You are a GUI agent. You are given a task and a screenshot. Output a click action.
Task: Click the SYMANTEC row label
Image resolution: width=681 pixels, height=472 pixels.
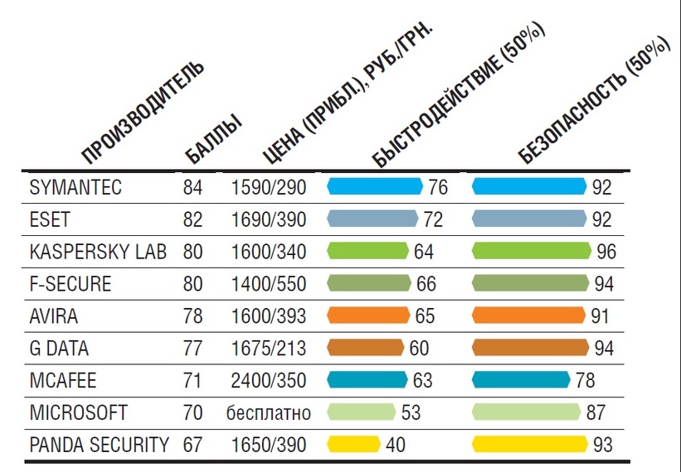tap(75, 187)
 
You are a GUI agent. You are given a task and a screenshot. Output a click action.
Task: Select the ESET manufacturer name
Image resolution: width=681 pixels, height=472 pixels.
tap(51, 219)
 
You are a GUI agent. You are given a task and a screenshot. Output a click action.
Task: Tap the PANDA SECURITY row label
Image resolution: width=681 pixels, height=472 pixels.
tap(100, 445)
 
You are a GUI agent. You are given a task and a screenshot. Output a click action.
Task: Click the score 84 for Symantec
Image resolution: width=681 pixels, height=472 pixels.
tap(192, 187)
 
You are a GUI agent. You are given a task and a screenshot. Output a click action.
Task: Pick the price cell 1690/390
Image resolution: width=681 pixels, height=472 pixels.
tap(269, 219)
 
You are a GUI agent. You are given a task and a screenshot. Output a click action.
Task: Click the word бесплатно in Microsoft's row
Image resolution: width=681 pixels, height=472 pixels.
tap(269, 412)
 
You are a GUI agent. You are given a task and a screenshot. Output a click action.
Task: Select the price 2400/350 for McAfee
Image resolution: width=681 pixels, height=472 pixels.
tap(269, 381)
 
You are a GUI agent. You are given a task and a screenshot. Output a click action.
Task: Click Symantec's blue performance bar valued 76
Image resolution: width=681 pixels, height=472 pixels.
tap(375, 186)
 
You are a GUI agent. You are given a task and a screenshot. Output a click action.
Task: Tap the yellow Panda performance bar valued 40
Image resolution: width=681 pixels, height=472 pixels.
tap(354, 445)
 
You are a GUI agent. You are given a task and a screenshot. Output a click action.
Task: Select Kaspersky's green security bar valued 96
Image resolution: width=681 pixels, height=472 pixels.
tap(531, 251)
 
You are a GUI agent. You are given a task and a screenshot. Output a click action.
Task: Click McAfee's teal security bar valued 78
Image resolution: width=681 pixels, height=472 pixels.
tap(523, 380)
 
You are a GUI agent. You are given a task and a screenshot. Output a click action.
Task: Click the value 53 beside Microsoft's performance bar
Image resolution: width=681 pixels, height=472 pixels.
tap(411, 412)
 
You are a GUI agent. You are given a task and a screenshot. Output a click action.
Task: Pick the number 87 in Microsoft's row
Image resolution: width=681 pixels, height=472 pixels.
tap(594, 412)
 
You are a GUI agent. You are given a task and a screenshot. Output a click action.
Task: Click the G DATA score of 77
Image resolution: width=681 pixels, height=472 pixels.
tap(192, 348)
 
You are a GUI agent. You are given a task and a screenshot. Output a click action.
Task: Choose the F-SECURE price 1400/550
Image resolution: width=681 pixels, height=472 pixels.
tap(269, 284)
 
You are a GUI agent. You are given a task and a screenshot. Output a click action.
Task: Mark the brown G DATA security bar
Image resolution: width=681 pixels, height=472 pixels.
tap(530, 348)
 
